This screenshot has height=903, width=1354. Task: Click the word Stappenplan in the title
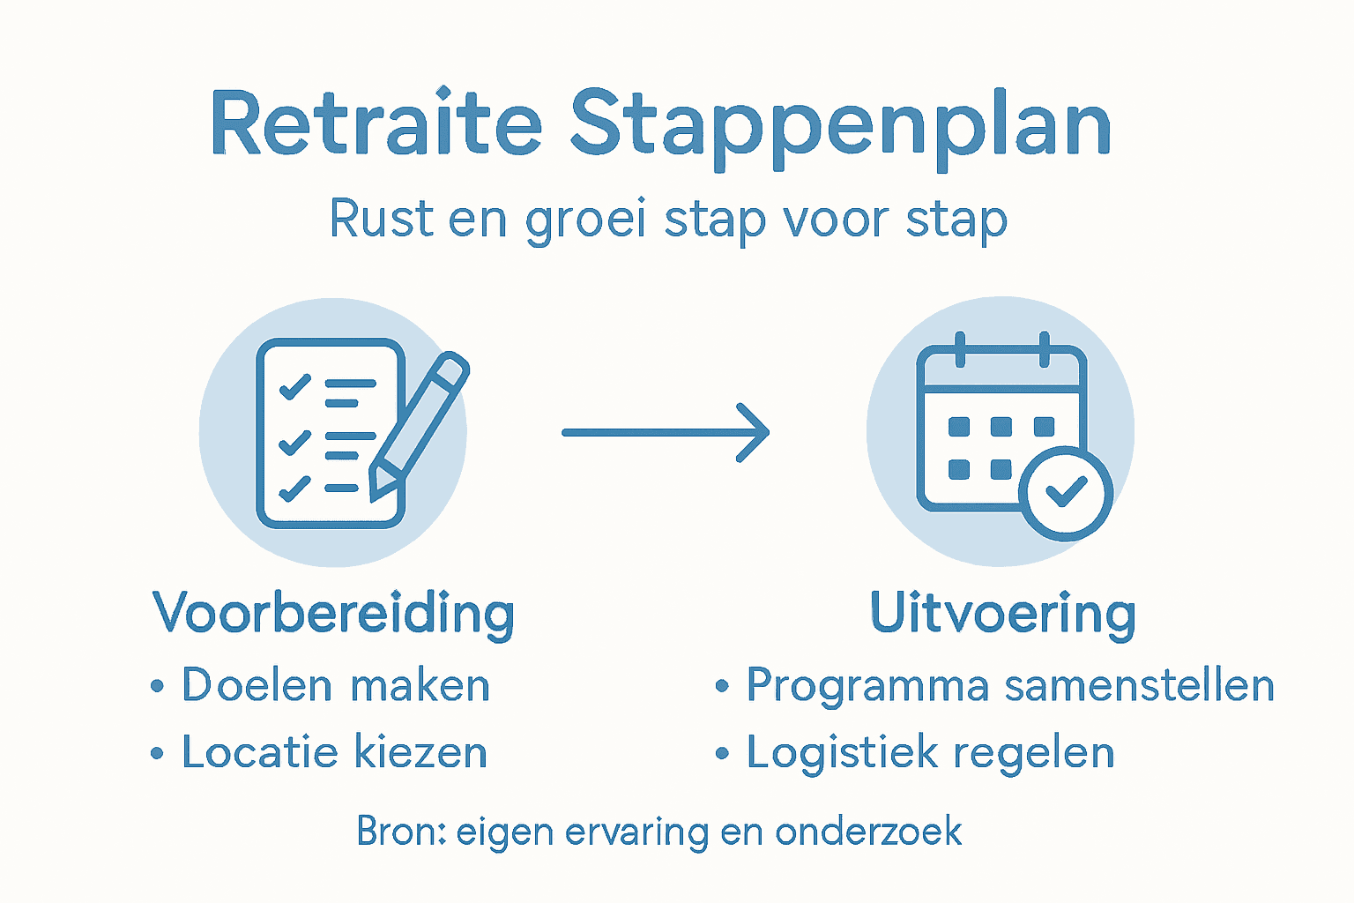[x=840, y=128]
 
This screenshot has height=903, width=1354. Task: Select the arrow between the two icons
[x=666, y=432]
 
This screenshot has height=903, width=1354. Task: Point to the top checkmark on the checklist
[x=294, y=386]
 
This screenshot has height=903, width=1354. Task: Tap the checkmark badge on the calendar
[x=1067, y=493]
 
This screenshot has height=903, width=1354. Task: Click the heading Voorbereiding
[x=333, y=613]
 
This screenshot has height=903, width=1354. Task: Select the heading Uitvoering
[x=1002, y=613]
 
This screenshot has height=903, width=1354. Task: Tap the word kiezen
[x=420, y=753]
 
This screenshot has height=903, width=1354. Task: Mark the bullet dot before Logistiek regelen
[x=723, y=754]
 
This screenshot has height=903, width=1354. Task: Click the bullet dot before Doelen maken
[x=158, y=686]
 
